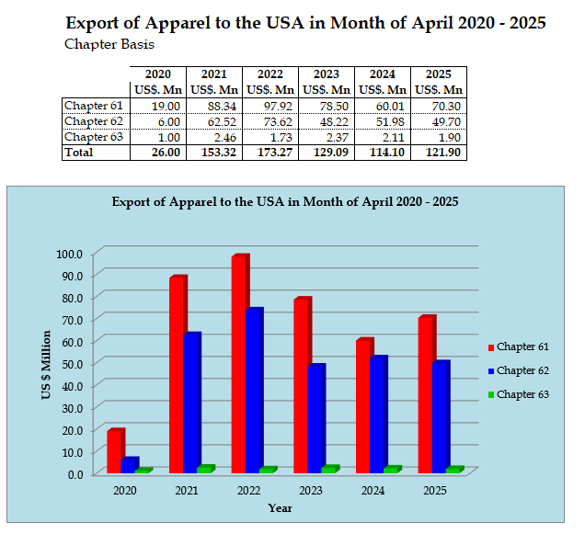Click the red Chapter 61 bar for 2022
239,364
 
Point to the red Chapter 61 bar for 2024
363,405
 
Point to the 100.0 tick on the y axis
69,254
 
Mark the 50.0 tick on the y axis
71,364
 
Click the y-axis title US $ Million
45,364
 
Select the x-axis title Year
280,508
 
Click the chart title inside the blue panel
285,200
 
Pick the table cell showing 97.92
269,106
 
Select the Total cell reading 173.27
269,153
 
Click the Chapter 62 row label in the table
93,121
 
